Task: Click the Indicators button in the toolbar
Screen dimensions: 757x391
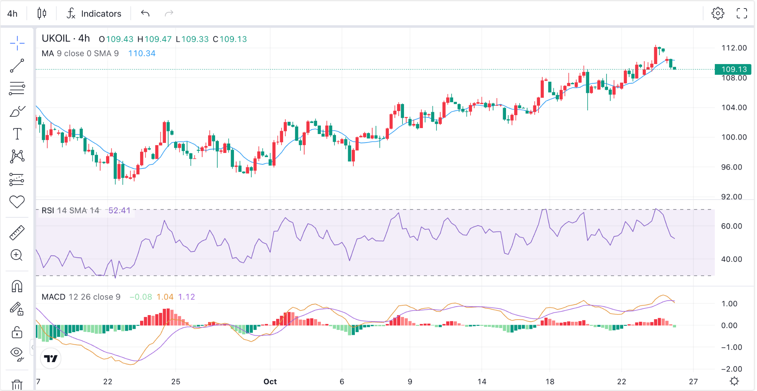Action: [x=94, y=14]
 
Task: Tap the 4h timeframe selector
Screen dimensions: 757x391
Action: [x=12, y=14]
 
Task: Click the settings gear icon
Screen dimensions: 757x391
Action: [x=718, y=13]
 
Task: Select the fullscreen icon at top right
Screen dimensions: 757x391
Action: [x=742, y=13]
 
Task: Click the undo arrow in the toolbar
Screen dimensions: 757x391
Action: [x=145, y=13]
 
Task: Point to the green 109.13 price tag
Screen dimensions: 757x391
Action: [x=734, y=69]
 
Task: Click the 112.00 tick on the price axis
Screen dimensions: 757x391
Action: [x=734, y=48]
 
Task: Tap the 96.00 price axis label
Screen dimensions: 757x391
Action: [x=731, y=167]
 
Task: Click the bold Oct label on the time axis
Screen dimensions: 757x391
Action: [x=270, y=381]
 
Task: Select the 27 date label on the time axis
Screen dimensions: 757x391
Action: [x=693, y=381]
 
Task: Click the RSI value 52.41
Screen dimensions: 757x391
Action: [x=119, y=210]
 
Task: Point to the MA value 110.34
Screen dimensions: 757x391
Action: [x=142, y=53]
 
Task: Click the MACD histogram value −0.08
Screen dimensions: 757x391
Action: [x=141, y=297]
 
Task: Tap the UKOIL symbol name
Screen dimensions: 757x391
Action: [x=56, y=39]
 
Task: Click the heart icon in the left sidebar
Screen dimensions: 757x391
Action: [x=17, y=202]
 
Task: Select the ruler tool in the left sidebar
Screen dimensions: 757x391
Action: [x=17, y=233]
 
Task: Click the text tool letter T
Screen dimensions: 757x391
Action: [x=17, y=134]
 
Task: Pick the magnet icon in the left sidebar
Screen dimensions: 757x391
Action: [x=17, y=286]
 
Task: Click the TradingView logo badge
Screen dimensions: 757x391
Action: [x=51, y=358]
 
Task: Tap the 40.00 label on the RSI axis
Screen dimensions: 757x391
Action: [x=731, y=259]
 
